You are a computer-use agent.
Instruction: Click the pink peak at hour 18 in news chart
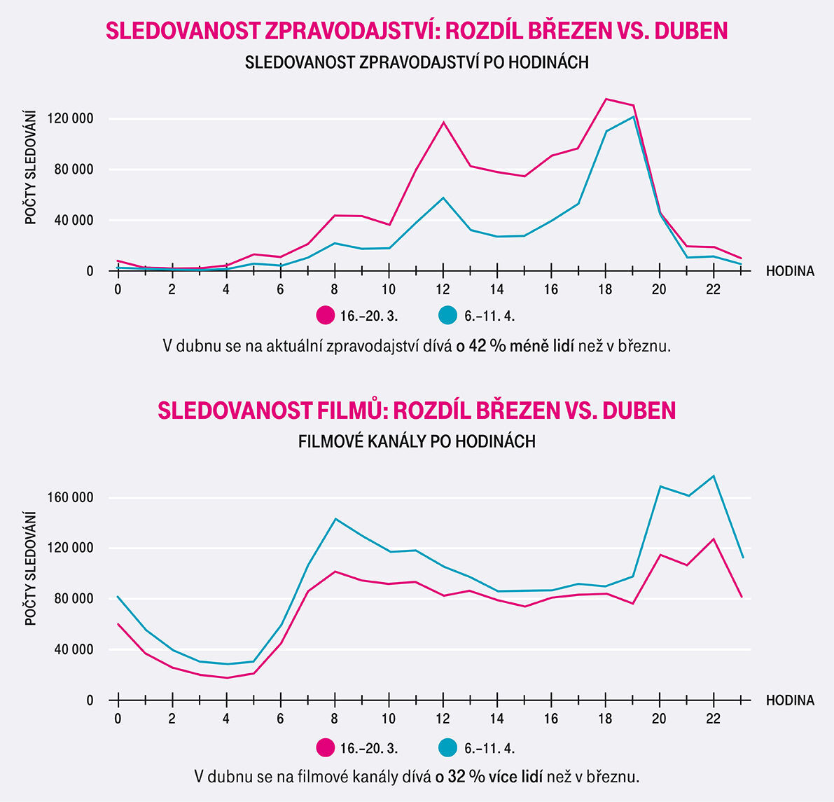(x=606, y=99)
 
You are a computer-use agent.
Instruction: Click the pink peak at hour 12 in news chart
(x=443, y=123)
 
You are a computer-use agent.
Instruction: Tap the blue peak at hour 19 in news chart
(x=633, y=116)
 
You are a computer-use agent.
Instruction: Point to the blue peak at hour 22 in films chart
(x=714, y=476)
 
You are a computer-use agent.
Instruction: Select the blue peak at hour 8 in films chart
(x=335, y=519)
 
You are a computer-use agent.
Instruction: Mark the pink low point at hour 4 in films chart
(x=227, y=677)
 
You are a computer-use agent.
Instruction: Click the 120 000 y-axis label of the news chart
(x=70, y=119)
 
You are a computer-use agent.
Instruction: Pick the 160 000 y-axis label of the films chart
(x=70, y=498)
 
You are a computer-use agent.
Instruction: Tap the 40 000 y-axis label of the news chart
(x=73, y=221)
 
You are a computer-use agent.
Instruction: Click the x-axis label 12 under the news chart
(x=443, y=289)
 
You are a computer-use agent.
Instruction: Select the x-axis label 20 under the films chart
(x=660, y=718)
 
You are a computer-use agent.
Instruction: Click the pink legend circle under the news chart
(x=326, y=316)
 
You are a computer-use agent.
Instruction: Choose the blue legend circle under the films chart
(x=448, y=748)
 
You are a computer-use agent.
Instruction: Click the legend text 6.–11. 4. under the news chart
(x=489, y=317)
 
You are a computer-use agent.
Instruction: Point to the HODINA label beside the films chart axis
(x=790, y=700)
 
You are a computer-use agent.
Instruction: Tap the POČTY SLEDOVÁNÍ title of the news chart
(x=31, y=167)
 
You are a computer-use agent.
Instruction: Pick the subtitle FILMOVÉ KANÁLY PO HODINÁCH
(x=417, y=442)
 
